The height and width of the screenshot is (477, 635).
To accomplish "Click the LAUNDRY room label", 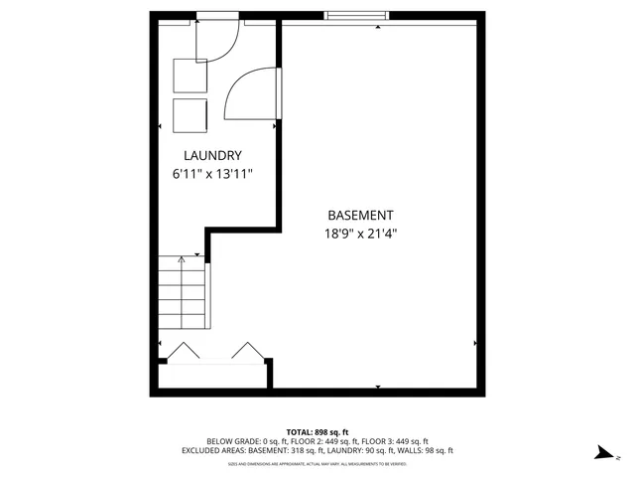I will tap(212, 156).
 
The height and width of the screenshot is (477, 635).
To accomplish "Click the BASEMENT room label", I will tap(360, 216).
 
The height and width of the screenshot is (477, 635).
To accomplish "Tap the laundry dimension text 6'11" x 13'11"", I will tap(212, 174).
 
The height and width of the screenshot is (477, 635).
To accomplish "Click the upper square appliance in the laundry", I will tap(190, 76).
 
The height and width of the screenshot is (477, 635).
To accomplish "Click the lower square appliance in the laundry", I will tap(190, 114).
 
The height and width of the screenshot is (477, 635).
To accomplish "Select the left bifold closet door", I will tap(182, 351).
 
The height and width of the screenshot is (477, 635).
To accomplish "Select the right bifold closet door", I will tap(246, 351).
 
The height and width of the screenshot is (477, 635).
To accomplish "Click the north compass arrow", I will tap(600, 452).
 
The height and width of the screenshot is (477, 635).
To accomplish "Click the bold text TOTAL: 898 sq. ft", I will tap(317, 431).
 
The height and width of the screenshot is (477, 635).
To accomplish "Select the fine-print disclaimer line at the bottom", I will tap(317, 463).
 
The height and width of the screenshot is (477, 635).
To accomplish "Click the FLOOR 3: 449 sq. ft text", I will tap(398, 441).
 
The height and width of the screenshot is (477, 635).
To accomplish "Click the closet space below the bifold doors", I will tap(212, 375).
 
